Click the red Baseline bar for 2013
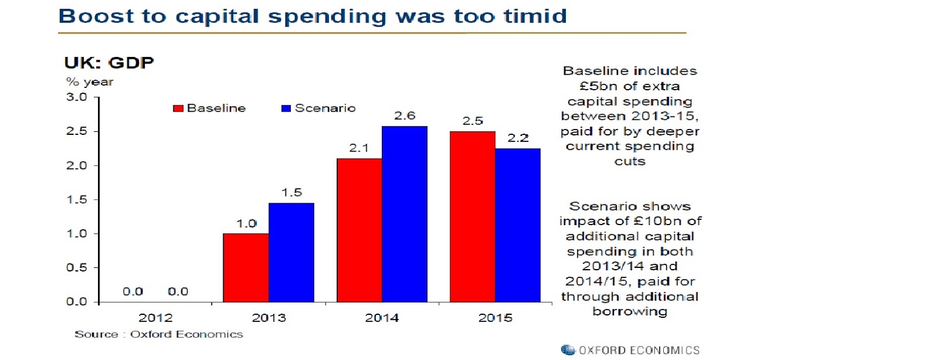(x=246, y=268)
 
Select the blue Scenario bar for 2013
(x=291, y=252)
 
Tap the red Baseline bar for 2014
(x=359, y=230)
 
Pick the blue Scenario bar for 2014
(x=404, y=214)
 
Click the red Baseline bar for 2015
(x=473, y=217)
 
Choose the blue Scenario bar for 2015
(x=518, y=225)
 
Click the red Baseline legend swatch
(x=178, y=108)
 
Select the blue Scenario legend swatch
(x=286, y=108)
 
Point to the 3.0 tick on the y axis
(x=77, y=97)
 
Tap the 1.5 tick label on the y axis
(x=77, y=200)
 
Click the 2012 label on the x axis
(x=156, y=318)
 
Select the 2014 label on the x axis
(x=382, y=318)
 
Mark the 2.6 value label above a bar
(x=404, y=116)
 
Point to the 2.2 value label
(x=518, y=138)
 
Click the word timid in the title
(x=536, y=16)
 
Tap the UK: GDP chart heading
(x=109, y=62)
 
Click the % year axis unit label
(x=90, y=82)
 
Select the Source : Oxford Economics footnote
(x=159, y=334)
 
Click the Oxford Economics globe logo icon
(x=568, y=350)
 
